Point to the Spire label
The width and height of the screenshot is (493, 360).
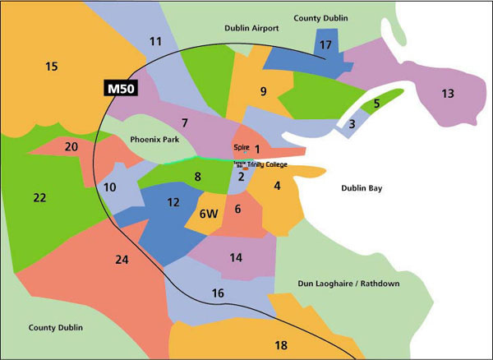pyautogui.click(x=242, y=148)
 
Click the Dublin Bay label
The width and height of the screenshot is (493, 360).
pyautogui.click(x=365, y=189)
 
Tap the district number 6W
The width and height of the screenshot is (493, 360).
pyautogui.click(x=208, y=214)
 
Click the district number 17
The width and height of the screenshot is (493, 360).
pyautogui.click(x=326, y=44)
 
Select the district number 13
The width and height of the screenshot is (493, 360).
pyautogui.click(x=447, y=94)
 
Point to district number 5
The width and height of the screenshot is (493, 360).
pyautogui.click(x=376, y=104)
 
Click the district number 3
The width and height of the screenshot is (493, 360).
pyautogui.click(x=352, y=124)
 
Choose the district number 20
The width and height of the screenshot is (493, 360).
pyautogui.click(x=71, y=146)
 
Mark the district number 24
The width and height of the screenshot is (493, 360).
pyautogui.click(x=122, y=261)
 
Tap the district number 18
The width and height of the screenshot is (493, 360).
pyautogui.click(x=281, y=345)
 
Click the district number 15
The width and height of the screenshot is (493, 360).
pyautogui.click(x=52, y=66)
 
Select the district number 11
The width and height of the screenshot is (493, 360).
pyautogui.click(x=156, y=41)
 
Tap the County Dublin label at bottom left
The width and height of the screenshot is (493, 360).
pyautogui.click(x=55, y=327)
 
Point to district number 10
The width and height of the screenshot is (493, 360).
pyautogui.click(x=110, y=187)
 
